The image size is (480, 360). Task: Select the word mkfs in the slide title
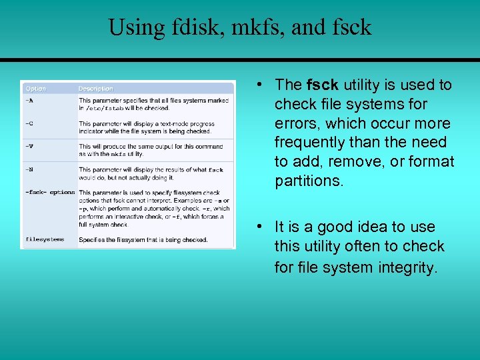pos(254,27)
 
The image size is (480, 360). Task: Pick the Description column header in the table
pos(96,89)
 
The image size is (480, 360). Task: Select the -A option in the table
pos(29,100)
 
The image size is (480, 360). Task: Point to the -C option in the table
pos(29,123)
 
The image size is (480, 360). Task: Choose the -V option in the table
pos(29,146)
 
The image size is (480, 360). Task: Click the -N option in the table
pos(29,169)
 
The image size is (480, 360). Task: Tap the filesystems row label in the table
pos(45,239)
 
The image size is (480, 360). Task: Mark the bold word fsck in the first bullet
pos(323,85)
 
